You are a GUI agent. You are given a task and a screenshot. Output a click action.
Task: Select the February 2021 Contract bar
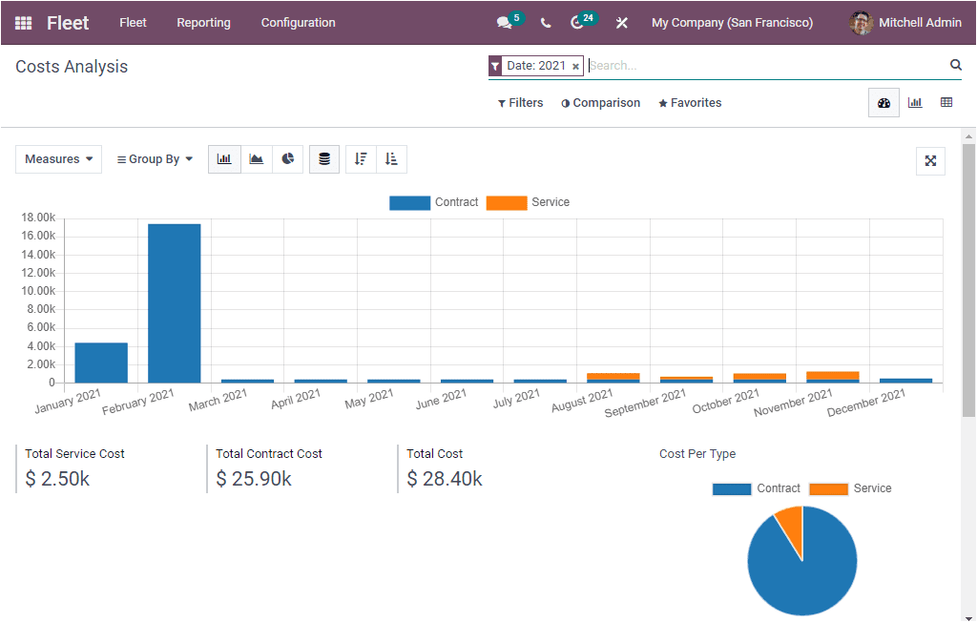pos(174,303)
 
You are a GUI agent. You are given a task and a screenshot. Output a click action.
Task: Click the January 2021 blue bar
pos(101,363)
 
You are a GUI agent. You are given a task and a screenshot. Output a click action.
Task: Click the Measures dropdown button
pos(58,159)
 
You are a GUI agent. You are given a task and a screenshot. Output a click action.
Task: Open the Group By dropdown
pos(155,159)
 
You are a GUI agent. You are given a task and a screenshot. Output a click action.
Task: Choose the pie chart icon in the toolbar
pos(287,159)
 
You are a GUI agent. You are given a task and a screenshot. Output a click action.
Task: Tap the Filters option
pos(521,103)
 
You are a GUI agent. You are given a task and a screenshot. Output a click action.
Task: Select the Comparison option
pos(600,103)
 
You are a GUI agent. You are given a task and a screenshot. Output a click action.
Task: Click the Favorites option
pos(690,103)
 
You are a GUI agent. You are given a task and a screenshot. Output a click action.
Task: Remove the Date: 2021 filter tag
pos(575,67)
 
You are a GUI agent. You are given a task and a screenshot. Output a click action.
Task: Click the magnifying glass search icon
pos(955,65)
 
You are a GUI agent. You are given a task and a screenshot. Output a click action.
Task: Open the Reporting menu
pos(203,23)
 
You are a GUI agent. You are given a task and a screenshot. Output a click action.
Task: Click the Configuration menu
pos(298,23)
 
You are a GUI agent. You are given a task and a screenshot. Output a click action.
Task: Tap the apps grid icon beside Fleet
pos(23,23)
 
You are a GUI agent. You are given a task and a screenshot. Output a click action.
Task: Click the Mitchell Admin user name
pos(919,23)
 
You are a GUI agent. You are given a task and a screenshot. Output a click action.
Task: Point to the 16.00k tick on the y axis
pos(39,236)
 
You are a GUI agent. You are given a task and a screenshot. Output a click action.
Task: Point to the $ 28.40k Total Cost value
pos(445,479)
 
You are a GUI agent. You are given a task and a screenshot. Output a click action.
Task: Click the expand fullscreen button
pos(930,160)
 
